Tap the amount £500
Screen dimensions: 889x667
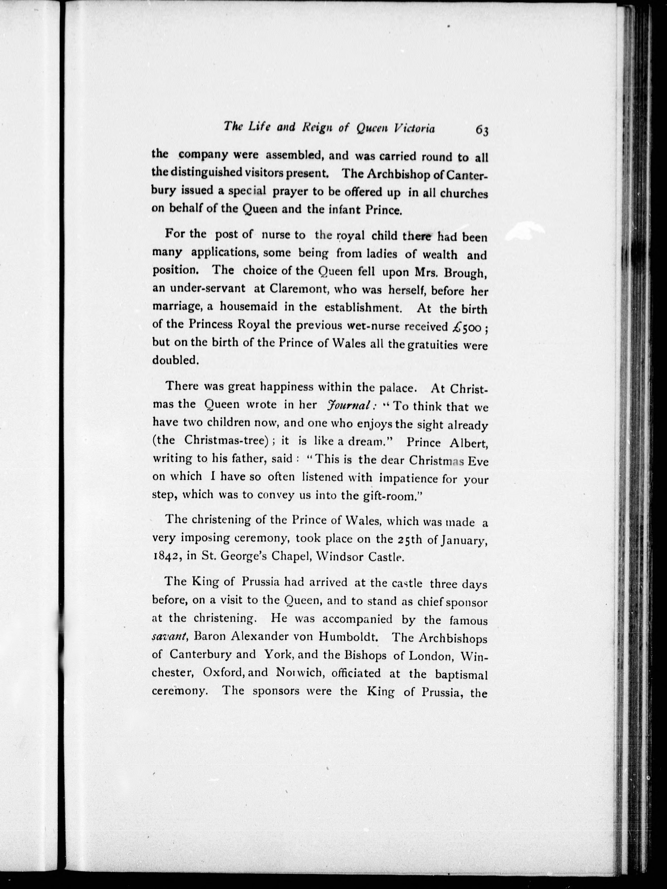pyautogui.click(x=466, y=327)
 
